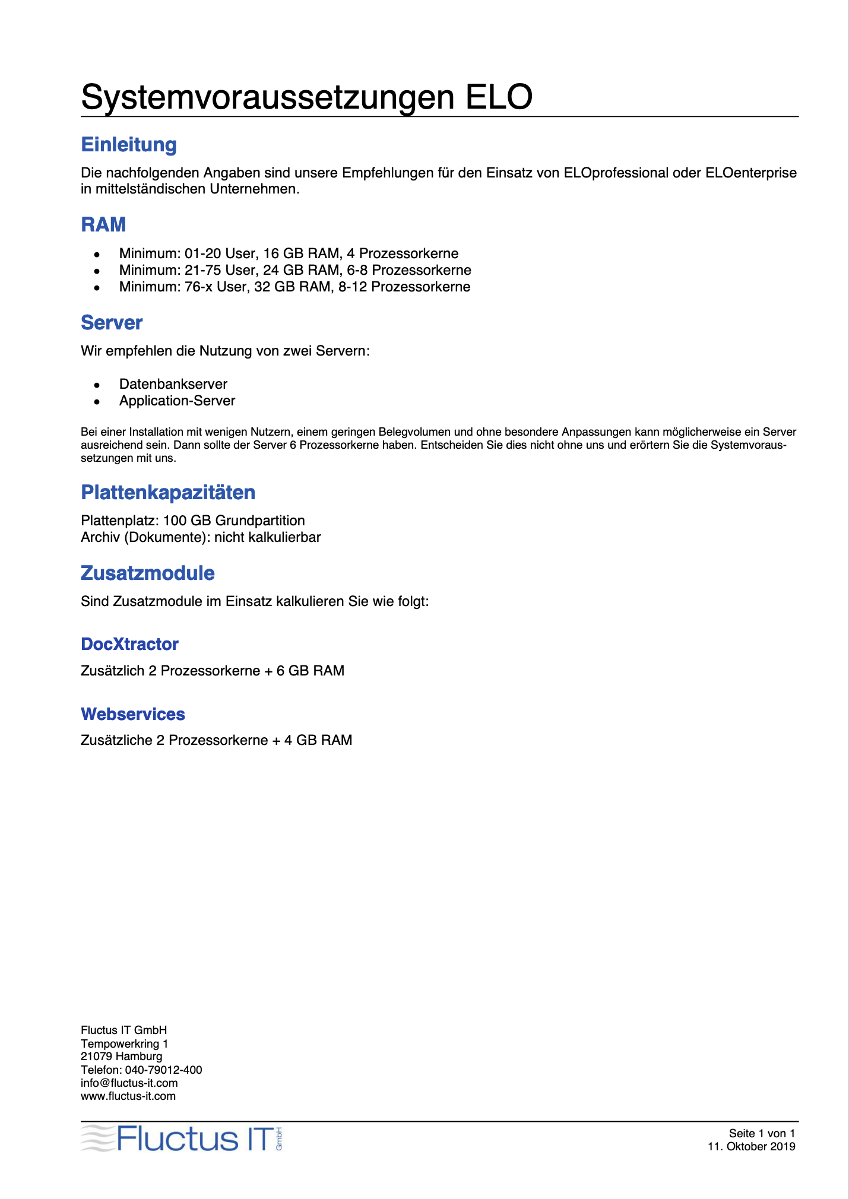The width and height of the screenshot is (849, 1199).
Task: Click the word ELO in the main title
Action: tap(499, 97)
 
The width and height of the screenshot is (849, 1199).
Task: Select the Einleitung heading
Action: tap(129, 145)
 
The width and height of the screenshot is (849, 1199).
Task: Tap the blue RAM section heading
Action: tap(103, 225)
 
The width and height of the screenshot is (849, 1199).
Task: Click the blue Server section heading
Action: tap(112, 323)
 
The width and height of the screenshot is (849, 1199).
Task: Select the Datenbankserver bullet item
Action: tap(173, 384)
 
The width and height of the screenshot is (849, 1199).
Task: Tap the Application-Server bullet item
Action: tap(177, 401)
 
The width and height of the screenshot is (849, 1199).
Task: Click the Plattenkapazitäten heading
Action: tap(168, 493)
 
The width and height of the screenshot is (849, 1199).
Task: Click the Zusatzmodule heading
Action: tap(147, 573)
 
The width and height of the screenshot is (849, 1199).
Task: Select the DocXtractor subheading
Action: tap(129, 644)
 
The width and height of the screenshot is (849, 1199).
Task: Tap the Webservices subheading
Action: tap(133, 714)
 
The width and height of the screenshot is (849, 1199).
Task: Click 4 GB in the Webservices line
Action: tap(300, 740)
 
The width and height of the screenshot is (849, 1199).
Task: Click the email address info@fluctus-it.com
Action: tap(129, 1083)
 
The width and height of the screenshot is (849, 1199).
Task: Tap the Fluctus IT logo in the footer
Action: tap(181, 1138)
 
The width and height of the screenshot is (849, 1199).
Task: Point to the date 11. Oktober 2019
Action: tap(751, 1146)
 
